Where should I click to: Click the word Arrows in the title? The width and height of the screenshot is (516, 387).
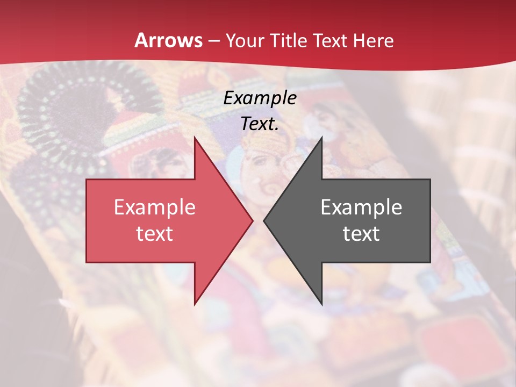tap(169, 41)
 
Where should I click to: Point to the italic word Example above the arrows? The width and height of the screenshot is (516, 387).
tap(260, 98)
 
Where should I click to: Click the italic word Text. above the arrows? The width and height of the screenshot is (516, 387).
tap(260, 124)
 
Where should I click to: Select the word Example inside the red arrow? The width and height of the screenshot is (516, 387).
tap(155, 207)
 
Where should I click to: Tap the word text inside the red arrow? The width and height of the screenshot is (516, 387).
tap(155, 234)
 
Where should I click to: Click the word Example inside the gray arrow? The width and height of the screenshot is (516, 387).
tap(361, 207)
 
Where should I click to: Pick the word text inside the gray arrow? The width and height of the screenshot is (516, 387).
tap(361, 234)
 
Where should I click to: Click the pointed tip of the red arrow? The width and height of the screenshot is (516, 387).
tap(253, 220)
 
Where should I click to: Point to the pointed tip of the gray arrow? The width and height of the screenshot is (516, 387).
tap(264, 220)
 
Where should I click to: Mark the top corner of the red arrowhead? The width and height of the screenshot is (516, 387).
tap(195, 137)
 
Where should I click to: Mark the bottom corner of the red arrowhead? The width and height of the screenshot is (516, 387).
tap(195, 304)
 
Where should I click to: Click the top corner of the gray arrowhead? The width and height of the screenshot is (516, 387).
tap(321, 137)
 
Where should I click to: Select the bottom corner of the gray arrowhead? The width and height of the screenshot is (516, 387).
tap(321, 304)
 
